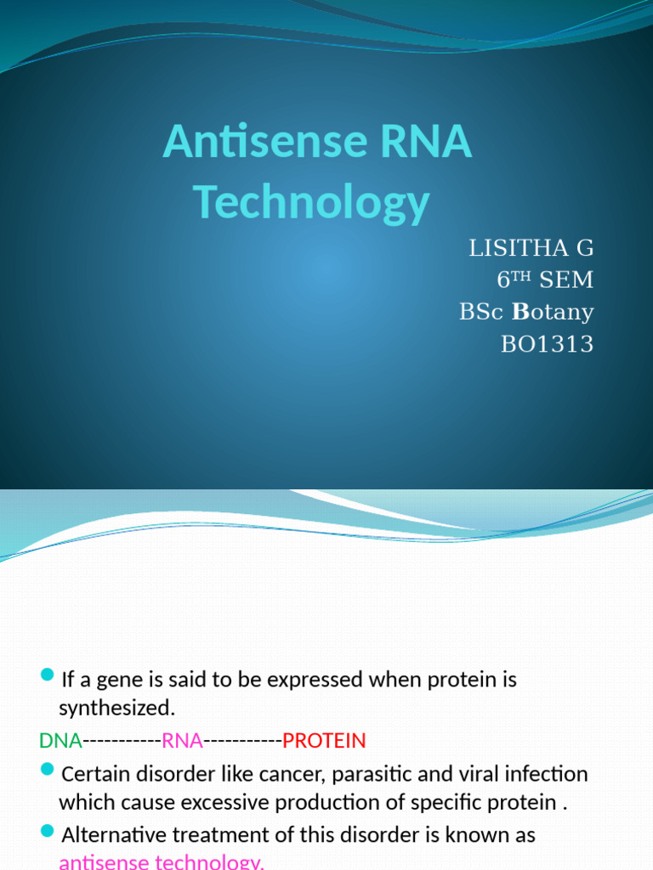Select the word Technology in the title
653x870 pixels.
[x=311, y=202]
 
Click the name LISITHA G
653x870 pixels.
[x=531, y=248]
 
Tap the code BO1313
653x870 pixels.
[x=548, y=344]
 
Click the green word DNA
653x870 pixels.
[x=60, y=741]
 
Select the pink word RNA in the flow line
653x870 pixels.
[x=182, y=741]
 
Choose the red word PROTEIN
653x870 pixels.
[x=324, y=741]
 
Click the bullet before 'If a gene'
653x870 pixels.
[x=47, y=675]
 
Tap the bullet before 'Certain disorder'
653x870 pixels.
[x=47, y=771]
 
